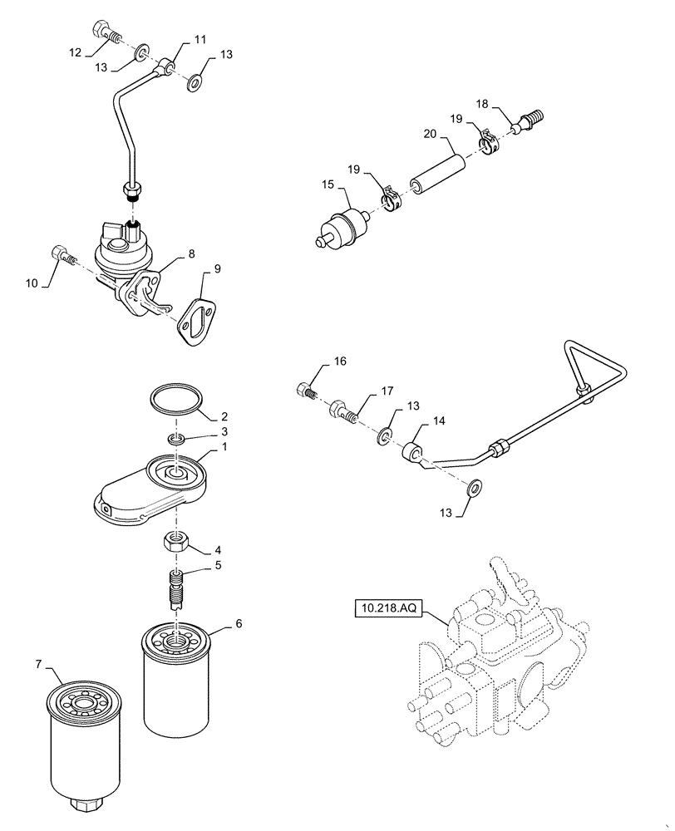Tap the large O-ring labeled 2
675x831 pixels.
click(177, 398)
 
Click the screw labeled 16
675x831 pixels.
click(304, 388)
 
